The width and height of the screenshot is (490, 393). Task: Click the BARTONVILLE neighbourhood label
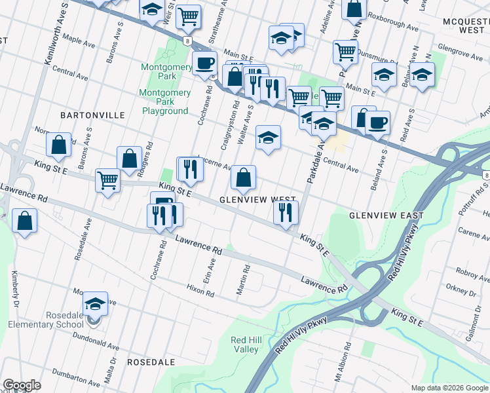[92, 115]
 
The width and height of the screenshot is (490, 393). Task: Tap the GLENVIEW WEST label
[258, 199]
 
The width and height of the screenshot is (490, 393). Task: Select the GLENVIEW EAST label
[386, 215]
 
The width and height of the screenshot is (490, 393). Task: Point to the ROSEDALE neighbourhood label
[151, 362]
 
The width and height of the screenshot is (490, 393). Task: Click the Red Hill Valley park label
[249, 345]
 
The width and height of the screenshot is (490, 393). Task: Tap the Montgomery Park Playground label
[165, 102]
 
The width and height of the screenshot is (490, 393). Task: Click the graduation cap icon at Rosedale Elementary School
[95, 304]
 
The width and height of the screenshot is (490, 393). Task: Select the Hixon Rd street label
[200, 291]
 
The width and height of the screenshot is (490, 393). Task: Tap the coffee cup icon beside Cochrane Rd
[204, 64]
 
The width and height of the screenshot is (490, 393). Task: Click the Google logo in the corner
[22, 385]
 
